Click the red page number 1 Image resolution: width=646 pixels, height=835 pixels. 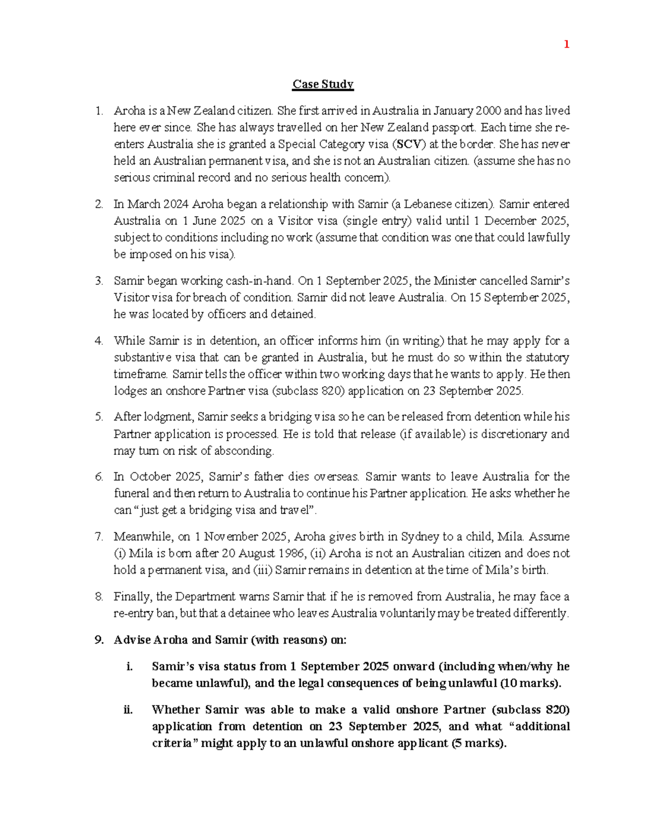point(566,45)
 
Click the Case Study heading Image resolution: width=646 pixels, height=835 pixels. point(323,84)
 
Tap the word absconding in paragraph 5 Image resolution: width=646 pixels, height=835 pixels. point(248,451)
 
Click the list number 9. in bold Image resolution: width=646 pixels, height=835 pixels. point(99,640)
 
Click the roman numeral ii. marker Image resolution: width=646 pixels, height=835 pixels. point(128,710)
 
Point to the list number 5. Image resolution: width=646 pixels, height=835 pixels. point(99,417)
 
